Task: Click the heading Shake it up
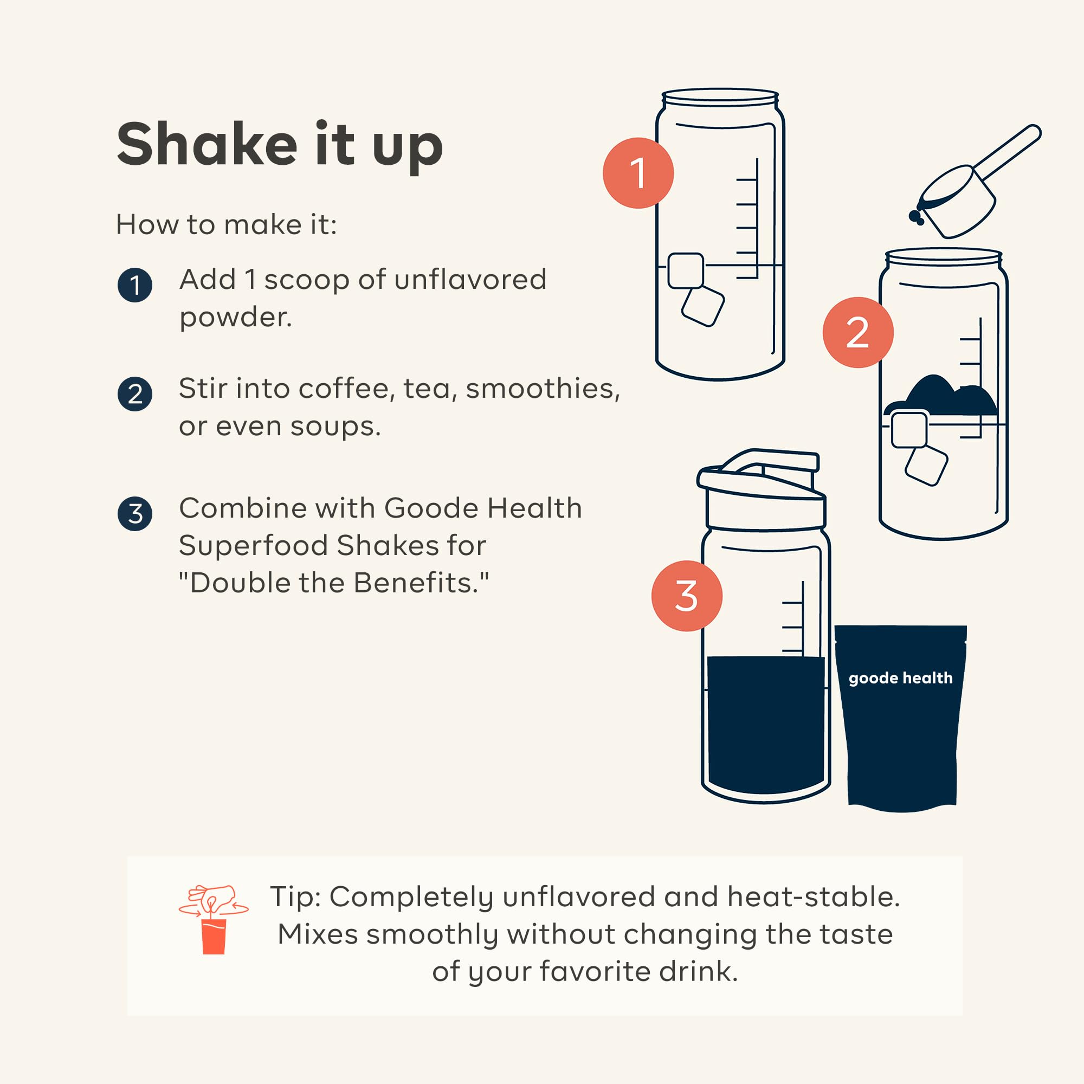pos(280,145)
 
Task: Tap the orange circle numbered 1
pos(638,173)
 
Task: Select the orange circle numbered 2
pos(858,332)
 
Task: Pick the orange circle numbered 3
pos(687,596)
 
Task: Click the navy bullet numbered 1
pos(134,285)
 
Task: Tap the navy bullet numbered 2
pos(134,394)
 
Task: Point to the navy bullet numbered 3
pos(134,513)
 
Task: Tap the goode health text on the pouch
pos(900,678)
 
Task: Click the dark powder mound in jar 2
pos(941,396)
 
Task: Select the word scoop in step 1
pos(307,280)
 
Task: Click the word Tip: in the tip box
pos(295,898)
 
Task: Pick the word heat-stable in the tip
pos(814,896)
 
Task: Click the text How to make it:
pos(226,224)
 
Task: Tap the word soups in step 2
pos(335,427)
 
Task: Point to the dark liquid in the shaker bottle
pos(766,724)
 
